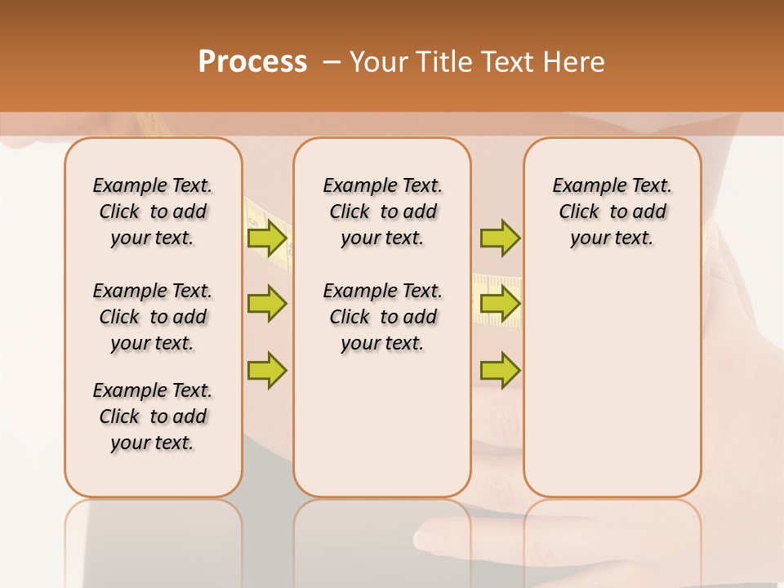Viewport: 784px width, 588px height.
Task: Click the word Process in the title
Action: (252, 61)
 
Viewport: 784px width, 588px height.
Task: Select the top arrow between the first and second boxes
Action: (267, 238)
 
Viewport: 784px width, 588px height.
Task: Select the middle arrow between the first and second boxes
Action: (267, 304)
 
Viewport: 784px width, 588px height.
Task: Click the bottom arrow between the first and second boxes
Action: (267, 370)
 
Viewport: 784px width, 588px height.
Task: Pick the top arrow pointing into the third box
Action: (500, 238)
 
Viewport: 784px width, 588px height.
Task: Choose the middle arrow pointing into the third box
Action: (500, 304)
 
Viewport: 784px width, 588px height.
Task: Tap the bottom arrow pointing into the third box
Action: (500, 370)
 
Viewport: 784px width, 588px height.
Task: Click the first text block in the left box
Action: (153, 212)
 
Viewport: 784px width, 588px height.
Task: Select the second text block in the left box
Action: (153, 317)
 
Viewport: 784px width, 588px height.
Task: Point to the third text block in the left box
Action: (153, 416)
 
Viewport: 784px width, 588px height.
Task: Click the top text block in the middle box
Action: (382, 212)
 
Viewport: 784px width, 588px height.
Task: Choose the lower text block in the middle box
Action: (382, 317)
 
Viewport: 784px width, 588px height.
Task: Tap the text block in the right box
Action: (612, 212)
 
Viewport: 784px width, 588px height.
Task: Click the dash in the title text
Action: (332, 62)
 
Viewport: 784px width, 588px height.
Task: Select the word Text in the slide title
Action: (506, 62)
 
